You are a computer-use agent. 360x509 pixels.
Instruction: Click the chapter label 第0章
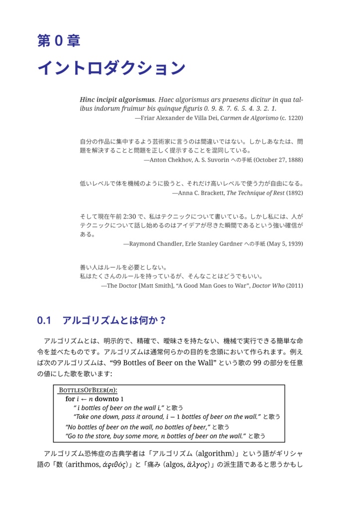(x=59, y=41)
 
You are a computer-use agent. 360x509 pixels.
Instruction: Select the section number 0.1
(x=44, y=320)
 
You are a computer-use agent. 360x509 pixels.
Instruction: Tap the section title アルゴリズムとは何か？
(x=114, y=320)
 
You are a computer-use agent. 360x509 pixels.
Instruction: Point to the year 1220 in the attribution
(x=292, y=118)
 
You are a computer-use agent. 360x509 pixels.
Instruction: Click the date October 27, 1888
(x=278, y=160)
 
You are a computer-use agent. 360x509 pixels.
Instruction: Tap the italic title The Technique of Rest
(x=255, y=193)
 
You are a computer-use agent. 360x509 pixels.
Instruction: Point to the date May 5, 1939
(x=285, y=244)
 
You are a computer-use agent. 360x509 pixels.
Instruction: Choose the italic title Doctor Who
(x=269, y=286)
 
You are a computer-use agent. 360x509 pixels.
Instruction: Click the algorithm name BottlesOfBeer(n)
(x=88, y=390)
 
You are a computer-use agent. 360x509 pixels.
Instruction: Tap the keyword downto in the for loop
(x=106, y=399)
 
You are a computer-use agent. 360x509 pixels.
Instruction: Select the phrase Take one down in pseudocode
(x=94, y=417)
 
